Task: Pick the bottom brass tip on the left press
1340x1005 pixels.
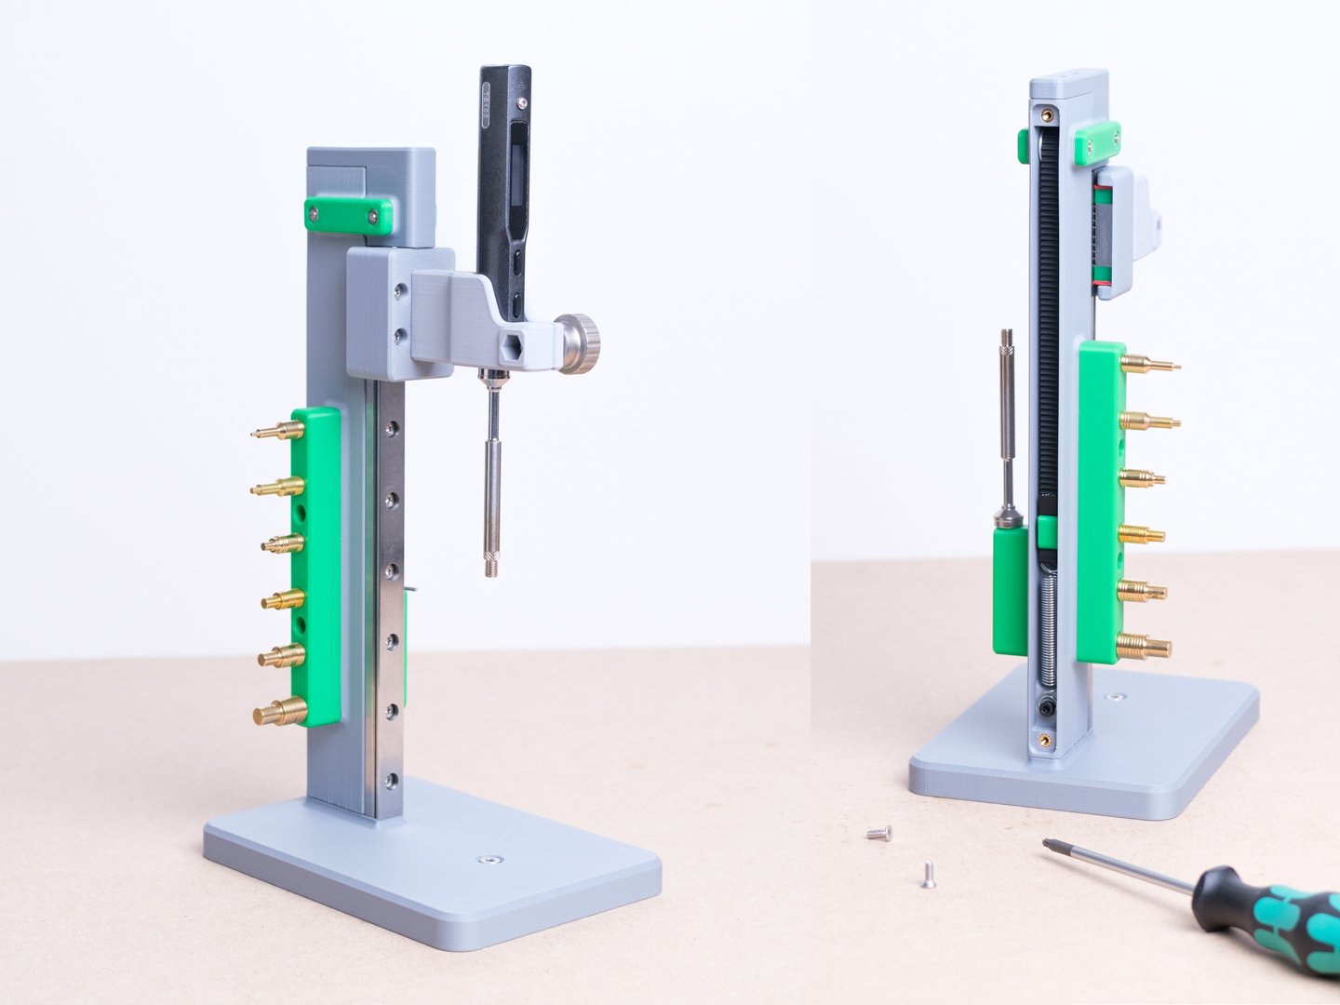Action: pos(280,713)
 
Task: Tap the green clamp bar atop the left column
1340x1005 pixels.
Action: pos(347,215)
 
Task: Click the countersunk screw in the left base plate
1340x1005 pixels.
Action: pos(485,859)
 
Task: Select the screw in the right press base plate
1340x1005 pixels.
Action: pos(1117,696)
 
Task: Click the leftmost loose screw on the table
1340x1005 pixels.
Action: pos(878,833)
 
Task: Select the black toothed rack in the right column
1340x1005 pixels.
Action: pos(1049,326)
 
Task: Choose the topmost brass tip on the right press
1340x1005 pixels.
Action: pos(1149,364)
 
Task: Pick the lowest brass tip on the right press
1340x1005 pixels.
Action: pos(1144,645)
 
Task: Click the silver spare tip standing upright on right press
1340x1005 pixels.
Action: pos(1007,419)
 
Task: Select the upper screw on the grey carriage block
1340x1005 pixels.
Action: pos(398,291)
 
